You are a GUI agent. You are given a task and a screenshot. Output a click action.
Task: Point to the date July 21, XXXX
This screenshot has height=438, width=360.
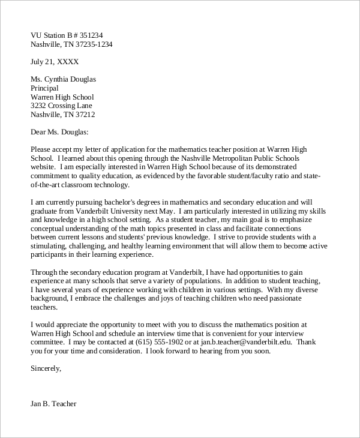[54, 61]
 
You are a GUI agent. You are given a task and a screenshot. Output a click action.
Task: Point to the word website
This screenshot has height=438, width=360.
[43, 167]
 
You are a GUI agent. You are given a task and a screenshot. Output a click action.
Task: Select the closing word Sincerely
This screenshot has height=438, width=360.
[45, 368]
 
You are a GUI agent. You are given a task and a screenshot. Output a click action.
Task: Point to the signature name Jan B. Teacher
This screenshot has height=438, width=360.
[53, 404]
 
